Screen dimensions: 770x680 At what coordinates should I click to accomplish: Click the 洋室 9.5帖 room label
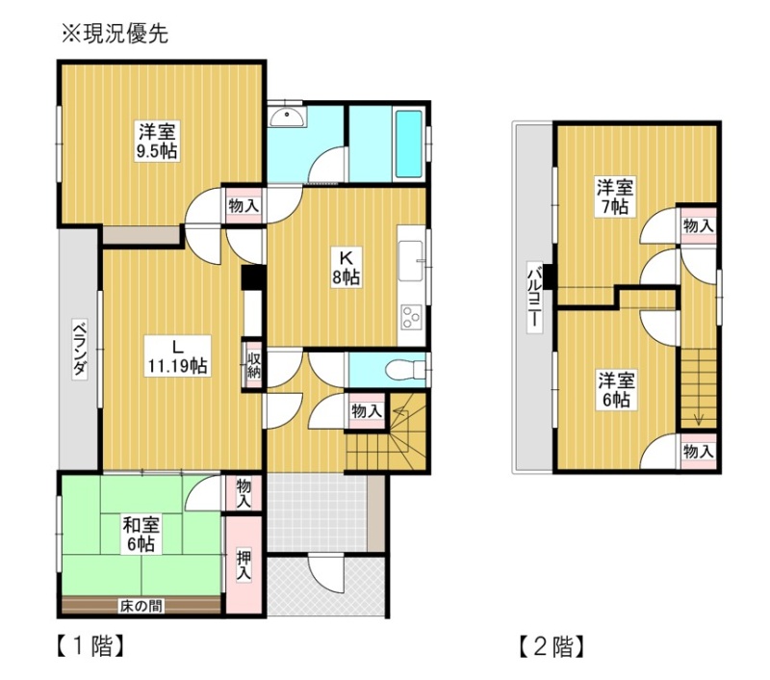[157, 141]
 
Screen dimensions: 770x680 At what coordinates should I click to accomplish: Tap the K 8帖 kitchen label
[346, 268]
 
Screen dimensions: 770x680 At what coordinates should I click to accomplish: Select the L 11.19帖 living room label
[177, 356]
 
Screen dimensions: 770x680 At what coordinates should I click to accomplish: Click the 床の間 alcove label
[141, 606]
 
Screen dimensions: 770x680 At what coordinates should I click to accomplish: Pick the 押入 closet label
[244, 565]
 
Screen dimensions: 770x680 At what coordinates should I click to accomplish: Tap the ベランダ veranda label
[80, 350]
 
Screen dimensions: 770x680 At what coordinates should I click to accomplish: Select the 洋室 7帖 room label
[614, 196]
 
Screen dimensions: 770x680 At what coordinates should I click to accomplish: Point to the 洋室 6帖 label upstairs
[616, 390]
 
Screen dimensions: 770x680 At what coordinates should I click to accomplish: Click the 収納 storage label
[253, 364]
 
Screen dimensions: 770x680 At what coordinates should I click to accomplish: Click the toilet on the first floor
[404, 370]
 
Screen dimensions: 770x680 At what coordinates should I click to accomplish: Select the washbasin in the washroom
[287, 116]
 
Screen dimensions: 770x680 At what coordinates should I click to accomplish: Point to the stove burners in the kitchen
[412, 317]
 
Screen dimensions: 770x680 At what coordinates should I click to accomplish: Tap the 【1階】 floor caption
[90, 646]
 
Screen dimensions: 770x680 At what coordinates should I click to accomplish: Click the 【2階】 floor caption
[552, 646]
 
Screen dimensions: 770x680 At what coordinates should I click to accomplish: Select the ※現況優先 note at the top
[115, 35]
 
